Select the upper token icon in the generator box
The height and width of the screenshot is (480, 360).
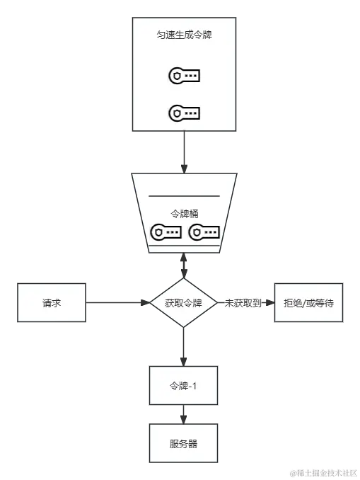click(x=184, y=75)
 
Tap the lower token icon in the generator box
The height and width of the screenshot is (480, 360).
click(x=184, y=112)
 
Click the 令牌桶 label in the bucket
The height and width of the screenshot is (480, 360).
click(x=183, y=212)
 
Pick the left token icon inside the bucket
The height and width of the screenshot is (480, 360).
click(x=167, y=232)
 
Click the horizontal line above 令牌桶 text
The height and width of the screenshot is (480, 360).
click(x=183, y=195)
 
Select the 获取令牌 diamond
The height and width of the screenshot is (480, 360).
click(x=183, y=302)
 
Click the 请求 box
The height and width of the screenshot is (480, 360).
click(x=52, y=302)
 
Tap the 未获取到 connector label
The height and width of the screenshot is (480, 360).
click(x=243, y=302)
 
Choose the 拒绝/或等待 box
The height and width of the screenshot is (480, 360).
click(x=308, y=302)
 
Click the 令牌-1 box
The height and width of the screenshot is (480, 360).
click(x=183, y=385)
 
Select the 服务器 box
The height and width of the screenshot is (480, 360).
click(x=183, y=444)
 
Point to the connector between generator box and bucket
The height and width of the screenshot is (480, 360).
click(x=183, y=150)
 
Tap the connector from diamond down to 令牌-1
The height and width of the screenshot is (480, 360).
click(x=183, y=345)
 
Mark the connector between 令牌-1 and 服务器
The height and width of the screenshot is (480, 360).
click(x=183, y=415)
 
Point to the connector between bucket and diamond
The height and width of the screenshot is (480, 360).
click(x=183, y=266)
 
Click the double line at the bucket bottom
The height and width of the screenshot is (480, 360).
click(x=183, y=247)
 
